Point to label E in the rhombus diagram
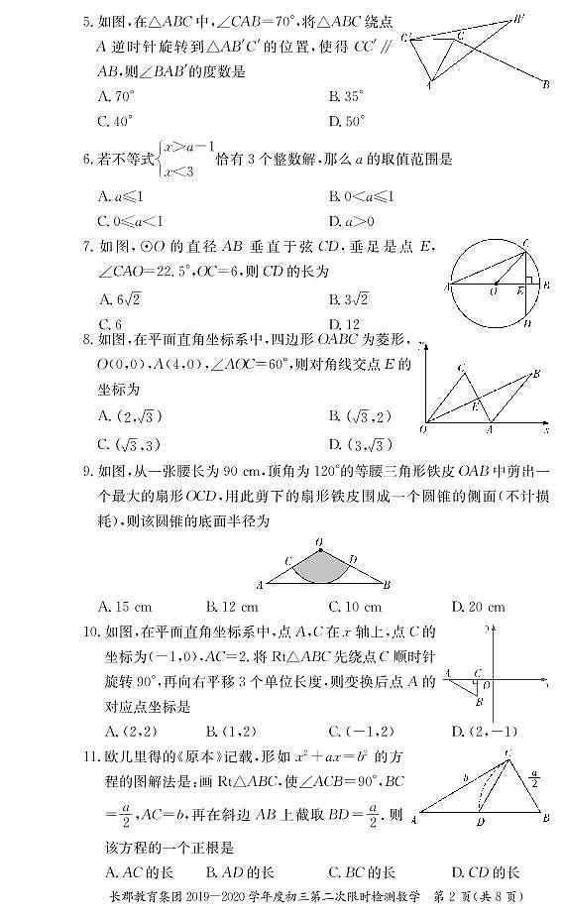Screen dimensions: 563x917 (476, 407)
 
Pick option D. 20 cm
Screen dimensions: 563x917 (478, 606)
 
